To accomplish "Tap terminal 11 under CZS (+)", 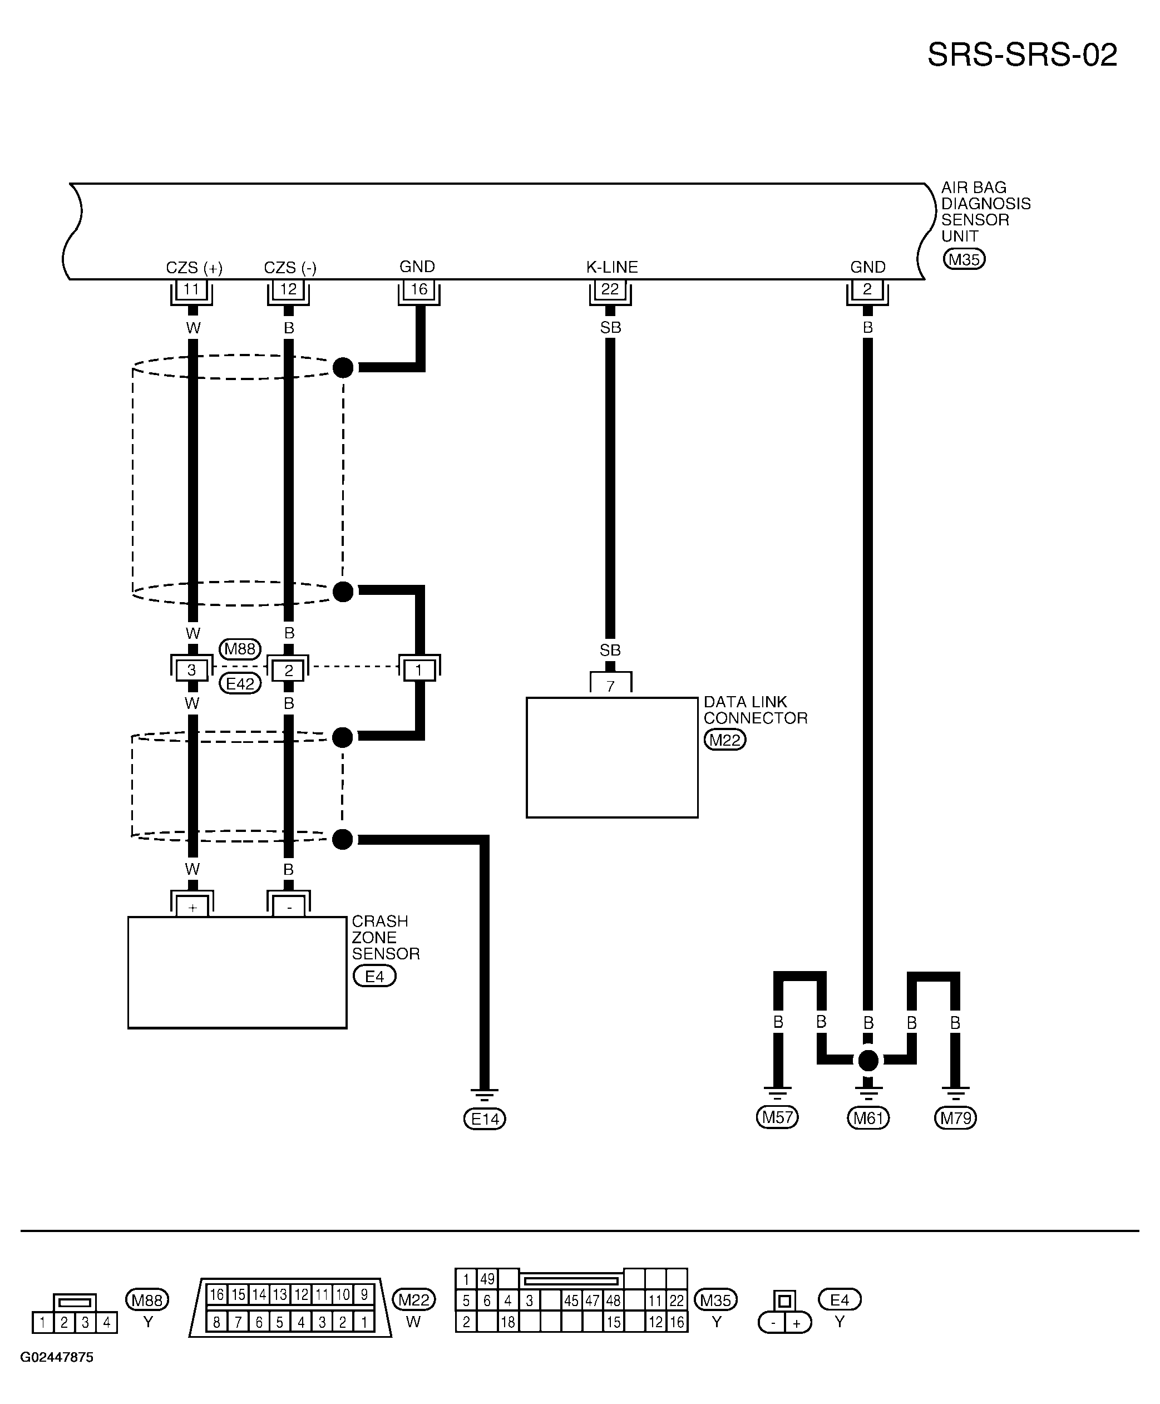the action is click(x=192, y=290).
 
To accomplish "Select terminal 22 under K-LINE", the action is click(x=610, y=290).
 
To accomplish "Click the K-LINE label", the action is click(x=612, y=267).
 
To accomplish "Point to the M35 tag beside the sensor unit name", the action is click(x=964, y=259).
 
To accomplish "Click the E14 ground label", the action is click(x=485, y=1119).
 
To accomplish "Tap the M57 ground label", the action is click(x=777, y=1117).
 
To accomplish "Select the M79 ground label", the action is click(x=955, y=1117).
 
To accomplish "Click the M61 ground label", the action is click(x=868, y=1117).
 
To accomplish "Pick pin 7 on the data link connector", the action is click(x=610, y=684).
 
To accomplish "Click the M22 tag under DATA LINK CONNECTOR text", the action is click(x=725, y=740).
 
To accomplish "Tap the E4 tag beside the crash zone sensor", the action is click(x=374, y=976).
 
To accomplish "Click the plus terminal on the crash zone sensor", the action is click(x=192, y=907).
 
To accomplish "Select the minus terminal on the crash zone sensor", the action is click(x=289, y=907).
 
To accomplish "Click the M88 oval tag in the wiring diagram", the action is click(x=240, y=649).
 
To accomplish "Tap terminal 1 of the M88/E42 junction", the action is click(x=419, y=669).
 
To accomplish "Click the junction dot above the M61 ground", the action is click(x=868, y=1061).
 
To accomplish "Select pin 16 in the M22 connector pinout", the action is click(x=216, y=1294).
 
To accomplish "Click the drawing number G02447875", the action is click(x=57, y=1357).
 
